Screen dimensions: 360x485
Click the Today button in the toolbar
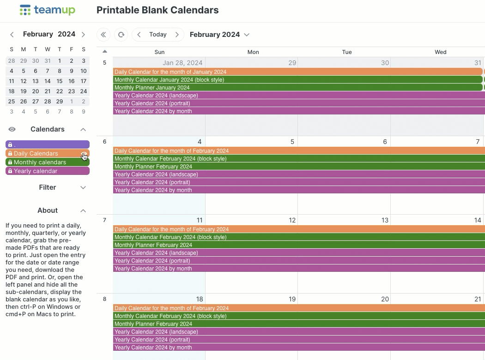(158, 35)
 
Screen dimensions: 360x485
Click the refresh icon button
(121, 35)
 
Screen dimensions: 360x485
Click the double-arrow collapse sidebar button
(103, 35)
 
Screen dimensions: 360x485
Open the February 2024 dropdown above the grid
(219, 35)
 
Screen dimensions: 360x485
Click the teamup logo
(47, 10)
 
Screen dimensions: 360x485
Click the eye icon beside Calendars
(12, 129)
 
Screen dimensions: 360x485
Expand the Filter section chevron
(83, 187)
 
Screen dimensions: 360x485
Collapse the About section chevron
(83, 210)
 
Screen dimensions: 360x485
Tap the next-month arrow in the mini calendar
(83, 34)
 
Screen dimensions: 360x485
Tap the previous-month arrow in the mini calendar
(12, 34)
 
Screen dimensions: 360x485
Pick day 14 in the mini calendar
(48, 81)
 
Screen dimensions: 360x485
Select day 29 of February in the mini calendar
(60, 102)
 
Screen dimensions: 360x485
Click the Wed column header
(440, 52)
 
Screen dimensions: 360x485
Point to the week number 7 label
(104, 220)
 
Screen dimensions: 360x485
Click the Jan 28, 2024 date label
(182, 63)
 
